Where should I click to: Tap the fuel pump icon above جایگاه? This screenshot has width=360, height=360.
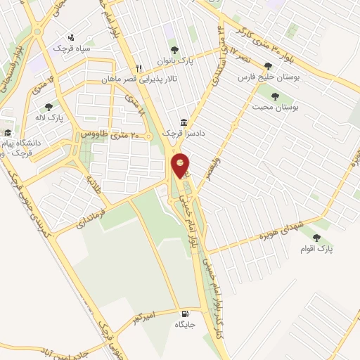point(185,314)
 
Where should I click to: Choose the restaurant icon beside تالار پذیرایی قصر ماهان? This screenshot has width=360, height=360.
point(139,68)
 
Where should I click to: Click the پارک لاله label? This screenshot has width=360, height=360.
point(50,118)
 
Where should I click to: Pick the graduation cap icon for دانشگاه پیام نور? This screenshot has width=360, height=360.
point(8,132)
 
